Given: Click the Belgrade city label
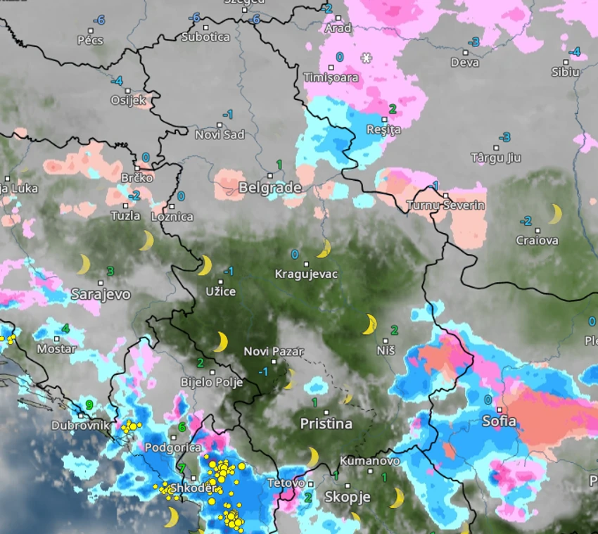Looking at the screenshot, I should (x=270, y=188).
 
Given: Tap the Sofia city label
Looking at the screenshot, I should (x=499, y=421).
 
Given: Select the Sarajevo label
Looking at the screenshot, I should (x=101, y=294).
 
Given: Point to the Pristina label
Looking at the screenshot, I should (x=326, y=424).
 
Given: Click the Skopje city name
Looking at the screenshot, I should (x=347, y=497).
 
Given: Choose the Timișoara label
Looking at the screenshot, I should (x=331, y=77).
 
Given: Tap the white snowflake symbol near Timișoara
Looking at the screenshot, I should (x=366, y=58).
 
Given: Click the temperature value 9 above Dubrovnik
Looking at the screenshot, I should (x=89, y=405).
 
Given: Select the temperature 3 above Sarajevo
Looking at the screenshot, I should (x=110, y=271).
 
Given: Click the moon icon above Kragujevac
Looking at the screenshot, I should (x=324, y=248).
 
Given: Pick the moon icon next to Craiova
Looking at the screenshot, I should (x=556, y=214).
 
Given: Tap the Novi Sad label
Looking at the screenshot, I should (x=220, y=134).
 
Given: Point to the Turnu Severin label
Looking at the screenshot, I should (x=445, y=205).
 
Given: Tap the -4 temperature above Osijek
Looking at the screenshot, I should (x=116, y=80).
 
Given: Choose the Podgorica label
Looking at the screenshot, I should (x=172, y=447).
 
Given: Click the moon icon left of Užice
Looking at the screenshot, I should (x=204, y=265).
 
